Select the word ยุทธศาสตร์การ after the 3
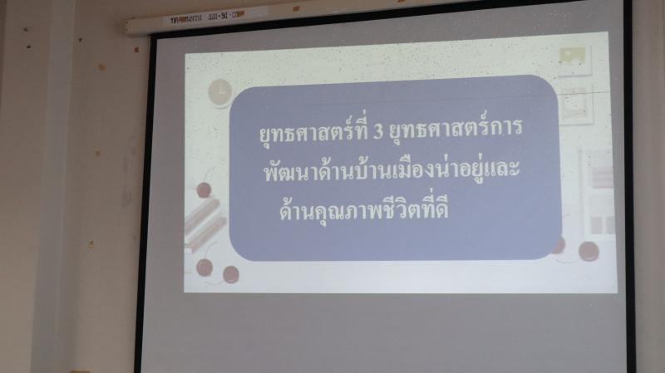(x=456, y=129)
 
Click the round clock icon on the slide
(x=220, y=92)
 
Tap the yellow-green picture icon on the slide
(x=573, y=56)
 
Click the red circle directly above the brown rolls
(x=204, y=190)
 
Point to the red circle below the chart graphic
(x=589, y=252)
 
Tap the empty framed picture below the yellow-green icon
(x=576, y=106)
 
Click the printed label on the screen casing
(x=206, y=17)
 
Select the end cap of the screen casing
(x=126, y=27)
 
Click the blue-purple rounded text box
(x=394, y=168)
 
